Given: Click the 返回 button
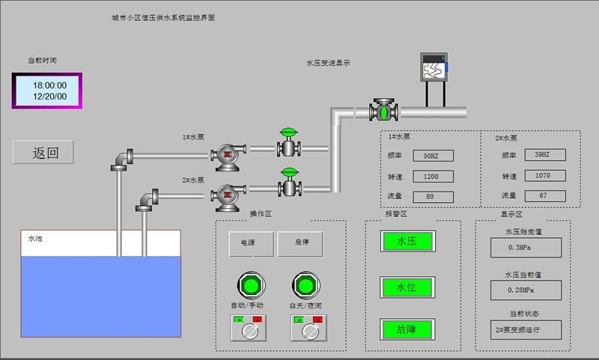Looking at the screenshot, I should point(44,153).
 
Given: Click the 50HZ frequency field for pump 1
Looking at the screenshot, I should point(431,156).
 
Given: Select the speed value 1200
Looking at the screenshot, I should point(431,176).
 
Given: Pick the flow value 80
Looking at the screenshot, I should point(431,196).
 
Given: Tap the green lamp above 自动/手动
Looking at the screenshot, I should point(250,284).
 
